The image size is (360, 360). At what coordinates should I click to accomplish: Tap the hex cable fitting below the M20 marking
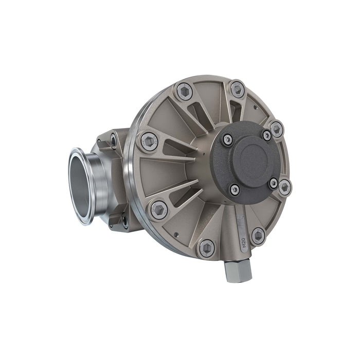(238, 271)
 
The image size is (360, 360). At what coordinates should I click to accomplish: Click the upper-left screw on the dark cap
(227, 139)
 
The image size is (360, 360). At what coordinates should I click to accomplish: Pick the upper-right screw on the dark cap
(266, 135)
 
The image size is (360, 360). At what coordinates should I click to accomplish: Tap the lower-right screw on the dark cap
(274, 183)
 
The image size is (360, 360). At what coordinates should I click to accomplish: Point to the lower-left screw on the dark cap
(235, 190)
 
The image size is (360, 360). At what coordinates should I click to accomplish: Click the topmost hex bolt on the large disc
(237, 88)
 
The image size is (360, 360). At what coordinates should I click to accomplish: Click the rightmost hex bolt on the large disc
(284, 187)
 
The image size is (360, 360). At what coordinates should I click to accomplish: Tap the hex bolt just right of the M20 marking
(258, 236)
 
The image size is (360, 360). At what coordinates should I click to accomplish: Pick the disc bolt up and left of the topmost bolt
(184, 92)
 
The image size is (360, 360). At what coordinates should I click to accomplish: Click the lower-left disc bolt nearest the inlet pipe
(158, 209)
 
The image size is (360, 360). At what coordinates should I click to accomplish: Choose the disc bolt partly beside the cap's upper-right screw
(276, 129)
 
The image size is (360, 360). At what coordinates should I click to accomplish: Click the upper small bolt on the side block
(113, 138)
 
